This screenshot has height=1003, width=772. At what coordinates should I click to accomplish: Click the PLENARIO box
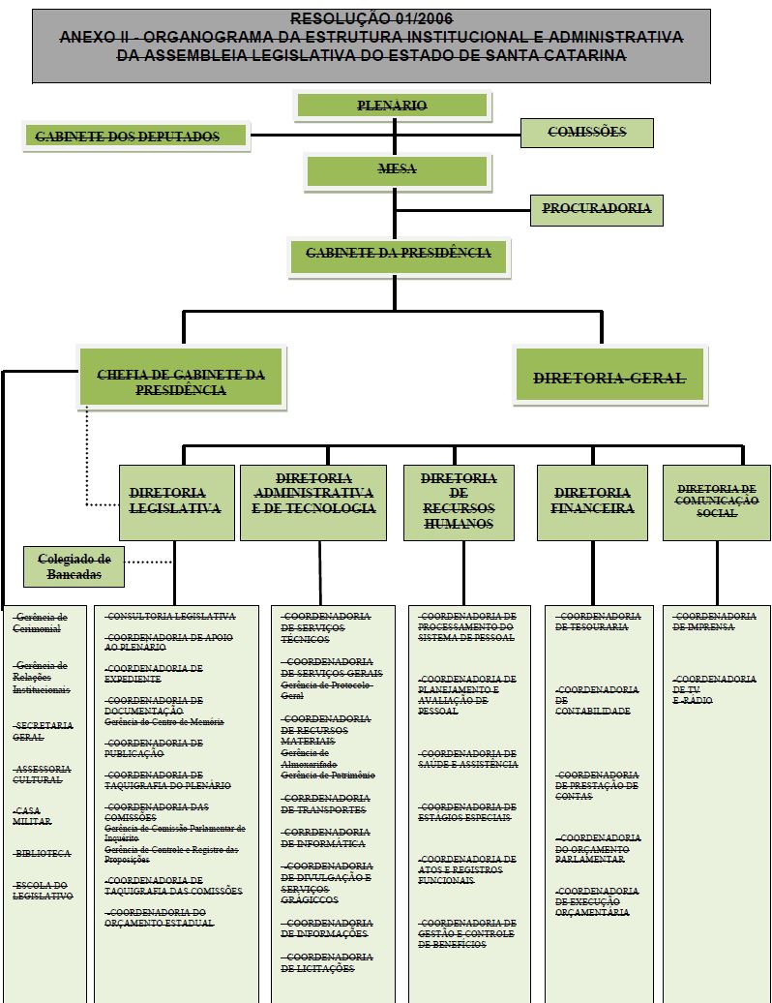(x=393, y=106)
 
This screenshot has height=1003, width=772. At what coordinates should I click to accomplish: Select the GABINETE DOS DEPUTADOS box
(x=135, y=137)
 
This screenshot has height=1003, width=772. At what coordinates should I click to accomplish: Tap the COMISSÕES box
(x=586, y=133)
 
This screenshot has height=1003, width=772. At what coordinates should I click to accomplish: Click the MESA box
(x=396, y=169)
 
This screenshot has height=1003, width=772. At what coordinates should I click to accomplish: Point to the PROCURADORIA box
(x=596, y=209)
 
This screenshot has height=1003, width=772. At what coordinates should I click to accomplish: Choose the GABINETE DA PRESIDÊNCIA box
(x=398, y=255)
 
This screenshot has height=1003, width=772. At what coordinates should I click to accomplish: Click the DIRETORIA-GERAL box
(x=609, y=379)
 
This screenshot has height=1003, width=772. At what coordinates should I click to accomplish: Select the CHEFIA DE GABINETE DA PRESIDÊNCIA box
(x=181, y=382)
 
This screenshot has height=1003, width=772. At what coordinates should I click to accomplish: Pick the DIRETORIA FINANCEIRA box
(x=593, y=501)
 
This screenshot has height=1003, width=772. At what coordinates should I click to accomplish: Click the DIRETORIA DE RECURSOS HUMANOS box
(x=459, y=501)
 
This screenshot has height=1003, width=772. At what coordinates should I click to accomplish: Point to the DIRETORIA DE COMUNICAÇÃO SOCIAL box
(x=716, y=501)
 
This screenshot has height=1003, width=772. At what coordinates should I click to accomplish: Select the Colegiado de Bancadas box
(x=74, y=566)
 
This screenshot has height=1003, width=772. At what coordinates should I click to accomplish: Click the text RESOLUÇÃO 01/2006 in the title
(x=371, y=18)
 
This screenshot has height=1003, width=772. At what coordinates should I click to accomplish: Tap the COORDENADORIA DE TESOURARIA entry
(x=599, y=622)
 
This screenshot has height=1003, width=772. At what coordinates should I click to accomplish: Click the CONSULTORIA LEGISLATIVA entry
(x=171, y=617)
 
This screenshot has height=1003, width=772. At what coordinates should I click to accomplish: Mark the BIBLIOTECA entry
(x=43, y=854)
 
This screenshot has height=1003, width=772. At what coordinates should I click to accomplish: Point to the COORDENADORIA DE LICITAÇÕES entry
(x=326, y=962)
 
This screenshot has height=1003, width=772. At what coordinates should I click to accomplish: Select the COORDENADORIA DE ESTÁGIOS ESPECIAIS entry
(x=466, y=812)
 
